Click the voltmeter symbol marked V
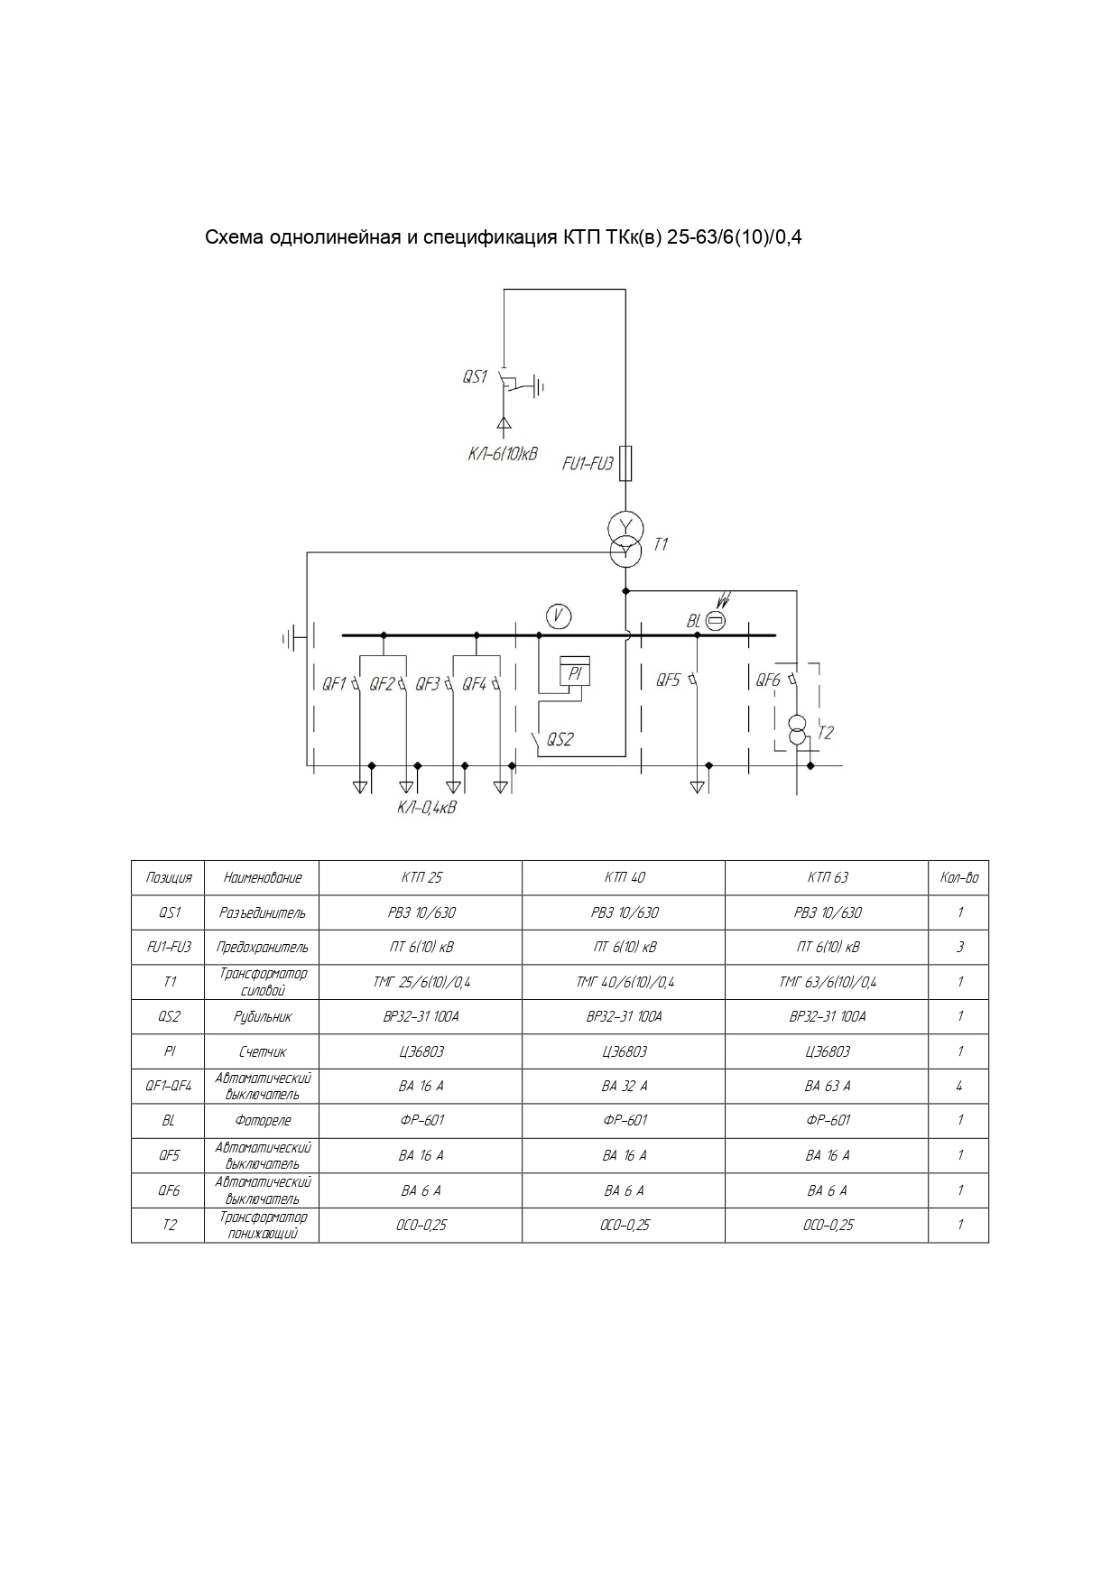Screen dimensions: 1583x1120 (559, 616)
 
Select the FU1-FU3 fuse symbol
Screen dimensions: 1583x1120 (625, 463)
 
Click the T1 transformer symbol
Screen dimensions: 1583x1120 (625, 538)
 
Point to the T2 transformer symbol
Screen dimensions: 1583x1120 (797, 730)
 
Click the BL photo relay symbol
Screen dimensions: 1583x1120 (715, 620)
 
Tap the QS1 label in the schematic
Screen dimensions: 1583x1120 (475, 377)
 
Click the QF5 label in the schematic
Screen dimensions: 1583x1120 (668, 680)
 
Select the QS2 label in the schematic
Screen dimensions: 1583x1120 (560, 740)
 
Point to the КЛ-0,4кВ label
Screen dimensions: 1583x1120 (427, 807)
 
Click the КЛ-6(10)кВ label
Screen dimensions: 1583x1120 (502, 454)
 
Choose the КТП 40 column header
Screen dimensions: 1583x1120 (624, 877)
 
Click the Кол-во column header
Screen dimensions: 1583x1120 (958, 877)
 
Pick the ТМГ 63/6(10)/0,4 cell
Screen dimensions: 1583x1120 (827, 982)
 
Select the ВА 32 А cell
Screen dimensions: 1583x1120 (624, 1086)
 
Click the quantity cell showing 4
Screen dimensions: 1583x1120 (958, 1086)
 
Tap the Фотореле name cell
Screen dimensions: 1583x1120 (262, 1121)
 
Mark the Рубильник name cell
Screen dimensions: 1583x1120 (262, 1016)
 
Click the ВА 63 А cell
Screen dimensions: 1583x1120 (827, 1086)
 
